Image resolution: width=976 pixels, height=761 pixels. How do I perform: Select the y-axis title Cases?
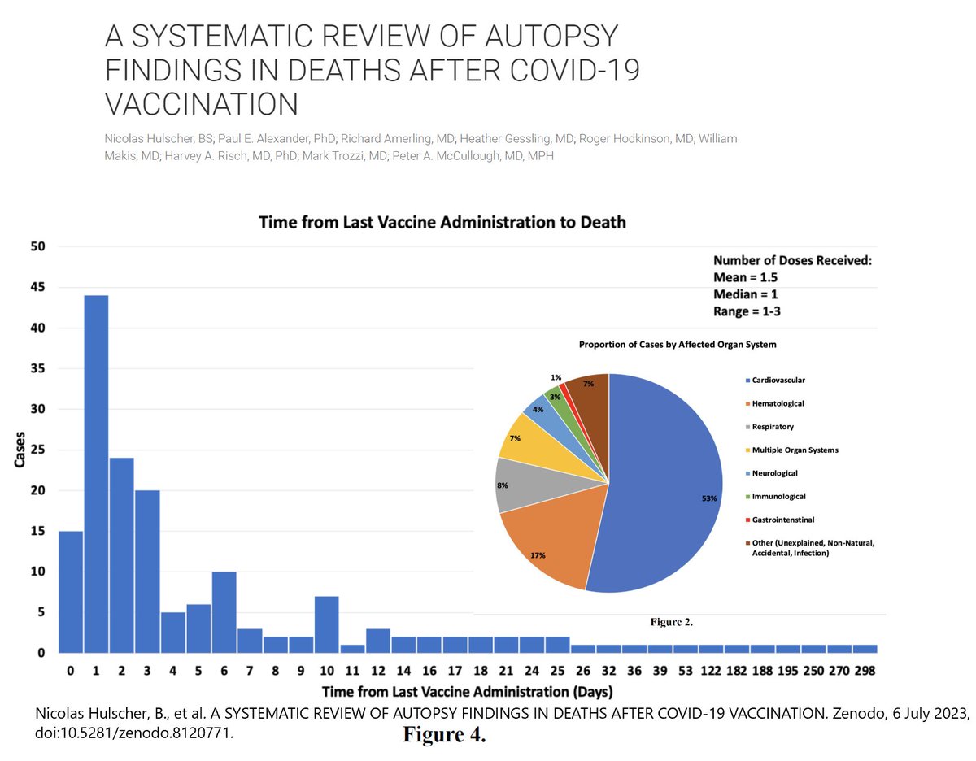(20, 449)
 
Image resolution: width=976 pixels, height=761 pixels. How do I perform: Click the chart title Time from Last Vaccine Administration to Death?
(442, 222)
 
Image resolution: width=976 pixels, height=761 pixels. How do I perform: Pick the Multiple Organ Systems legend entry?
(795, 450)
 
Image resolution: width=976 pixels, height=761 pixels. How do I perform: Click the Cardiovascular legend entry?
(779, 380)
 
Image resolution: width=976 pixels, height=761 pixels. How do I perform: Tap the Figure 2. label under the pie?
(672, 623)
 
